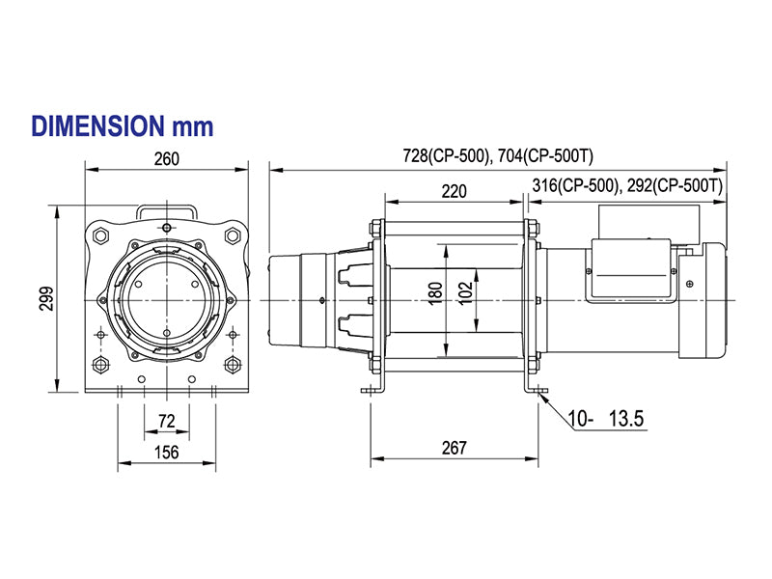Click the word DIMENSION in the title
click(96, 125)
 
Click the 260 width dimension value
click(166, 159)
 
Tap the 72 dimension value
click(166, 421)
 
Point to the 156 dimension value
click(166, 453)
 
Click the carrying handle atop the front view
click(167, 209)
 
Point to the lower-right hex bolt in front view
click(232, 364)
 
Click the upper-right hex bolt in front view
click(232, 234)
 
